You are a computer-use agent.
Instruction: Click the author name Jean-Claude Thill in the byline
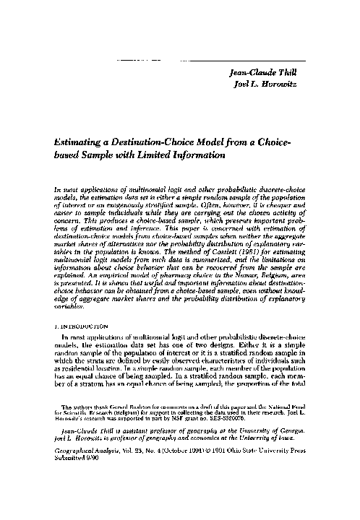(x=277, y=71)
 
